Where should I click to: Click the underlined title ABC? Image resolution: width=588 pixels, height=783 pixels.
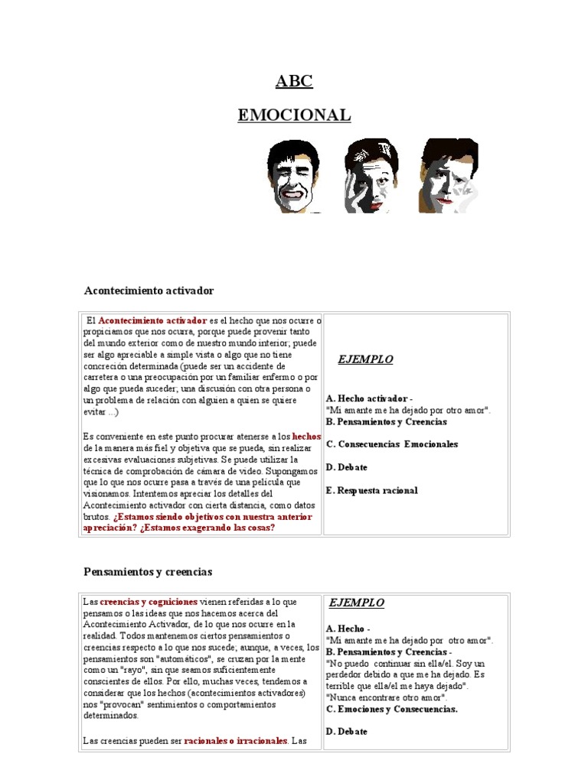click(x=294, y=82)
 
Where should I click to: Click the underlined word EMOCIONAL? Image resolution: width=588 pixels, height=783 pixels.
click(x=294, y=115)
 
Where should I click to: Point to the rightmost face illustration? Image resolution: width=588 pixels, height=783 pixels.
click(x=448, y=176)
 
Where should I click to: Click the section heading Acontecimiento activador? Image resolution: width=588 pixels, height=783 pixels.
click(x=149, y=291)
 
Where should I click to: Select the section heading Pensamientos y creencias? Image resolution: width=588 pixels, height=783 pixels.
click(x=148, y=571)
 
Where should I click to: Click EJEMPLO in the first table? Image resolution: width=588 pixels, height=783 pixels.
click(x=366, y=359)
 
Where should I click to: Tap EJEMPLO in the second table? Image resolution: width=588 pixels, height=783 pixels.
click(x=357, y=603)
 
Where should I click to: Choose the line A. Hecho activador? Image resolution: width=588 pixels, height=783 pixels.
click(x=369, y=398)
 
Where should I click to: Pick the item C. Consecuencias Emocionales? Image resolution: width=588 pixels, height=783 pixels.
click(x=391, y=443)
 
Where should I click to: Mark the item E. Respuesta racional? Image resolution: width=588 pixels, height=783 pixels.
click(x=371, y=490)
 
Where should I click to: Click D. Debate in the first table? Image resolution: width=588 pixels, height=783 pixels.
click(x=346, y=466)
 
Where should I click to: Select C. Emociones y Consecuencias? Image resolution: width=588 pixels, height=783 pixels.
click(x=391, y=709)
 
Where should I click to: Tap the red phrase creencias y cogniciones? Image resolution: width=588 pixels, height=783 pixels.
click(x=149, y=602)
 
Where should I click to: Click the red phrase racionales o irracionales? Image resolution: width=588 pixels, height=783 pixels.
click(x=236, y=741)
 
